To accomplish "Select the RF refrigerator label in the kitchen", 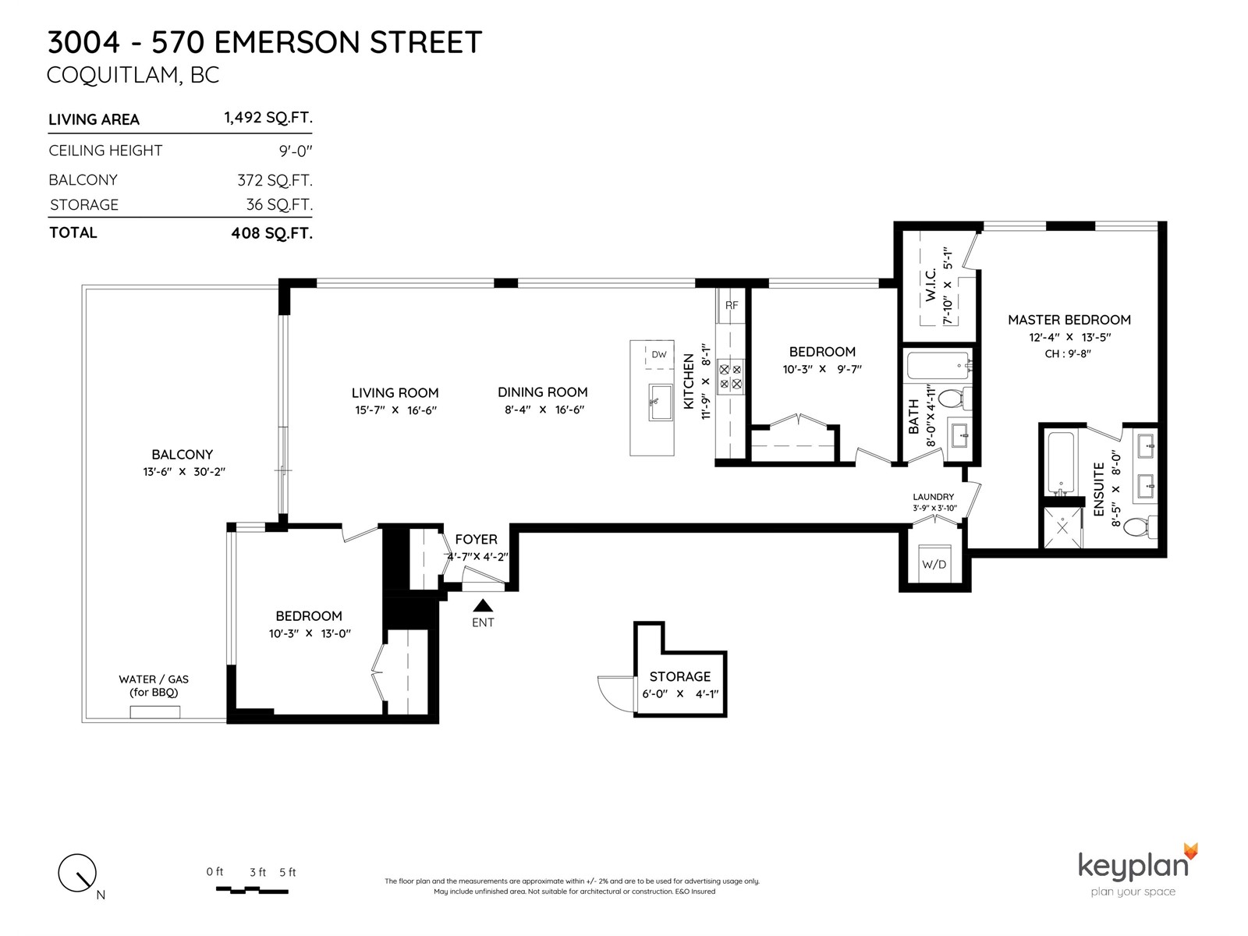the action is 731,305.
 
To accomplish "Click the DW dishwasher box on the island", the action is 659,355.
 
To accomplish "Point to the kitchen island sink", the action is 660,402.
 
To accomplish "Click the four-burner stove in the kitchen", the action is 731,377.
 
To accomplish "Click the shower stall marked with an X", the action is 1062,527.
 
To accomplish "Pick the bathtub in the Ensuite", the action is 1061,463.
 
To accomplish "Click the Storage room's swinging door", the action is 615,693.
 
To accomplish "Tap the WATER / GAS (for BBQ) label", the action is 154,686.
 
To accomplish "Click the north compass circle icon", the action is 77,873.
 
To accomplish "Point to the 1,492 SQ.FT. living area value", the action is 268,118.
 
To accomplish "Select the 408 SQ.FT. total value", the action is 271,233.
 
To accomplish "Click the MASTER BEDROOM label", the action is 1069,320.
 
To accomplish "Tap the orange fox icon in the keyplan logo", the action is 1190,851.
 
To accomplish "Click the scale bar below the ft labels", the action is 252,891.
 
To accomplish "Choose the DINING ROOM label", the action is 542,392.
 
